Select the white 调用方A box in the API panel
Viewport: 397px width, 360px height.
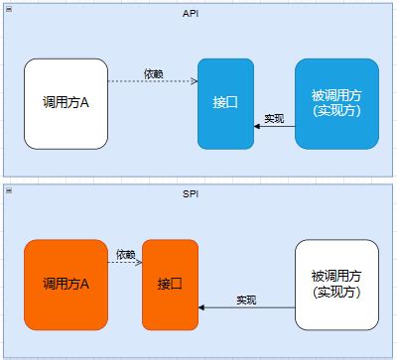[66, 104]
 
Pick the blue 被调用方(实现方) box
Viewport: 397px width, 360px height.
[336, 104]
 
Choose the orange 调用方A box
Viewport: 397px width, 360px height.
[66, 285]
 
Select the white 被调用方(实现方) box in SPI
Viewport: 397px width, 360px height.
[336, 285]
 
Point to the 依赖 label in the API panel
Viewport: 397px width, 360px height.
[154, 74]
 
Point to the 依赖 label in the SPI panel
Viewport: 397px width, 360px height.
[124, 255]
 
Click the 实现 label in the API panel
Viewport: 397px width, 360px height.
[275, 119]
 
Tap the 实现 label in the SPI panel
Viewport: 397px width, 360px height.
[246, 300]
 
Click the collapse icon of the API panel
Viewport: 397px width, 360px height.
[8, 8]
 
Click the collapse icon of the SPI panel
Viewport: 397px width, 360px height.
[8, 188]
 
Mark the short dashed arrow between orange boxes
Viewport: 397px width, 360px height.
[124, 264]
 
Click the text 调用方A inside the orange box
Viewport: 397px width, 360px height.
[66, 285]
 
